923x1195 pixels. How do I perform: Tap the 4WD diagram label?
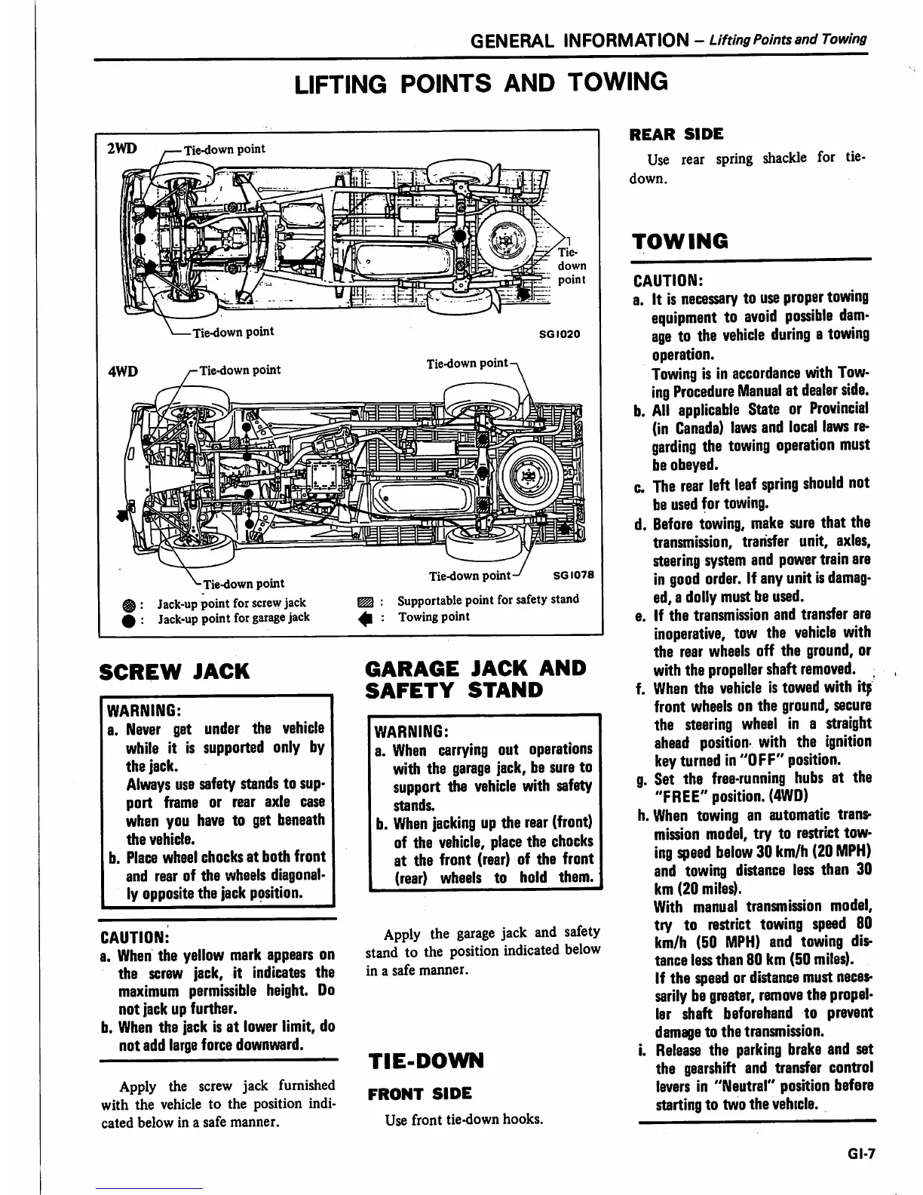(121, 370)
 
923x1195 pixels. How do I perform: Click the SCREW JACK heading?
(174, 671)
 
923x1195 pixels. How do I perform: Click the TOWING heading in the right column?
(681, 241)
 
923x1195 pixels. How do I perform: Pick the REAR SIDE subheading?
(676, 134)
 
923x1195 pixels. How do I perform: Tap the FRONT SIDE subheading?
(419, 1093)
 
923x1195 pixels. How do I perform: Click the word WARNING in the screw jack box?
(143, 711)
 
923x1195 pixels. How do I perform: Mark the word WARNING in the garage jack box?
(412, 732)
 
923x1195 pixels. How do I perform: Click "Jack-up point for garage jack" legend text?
(234, 618)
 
